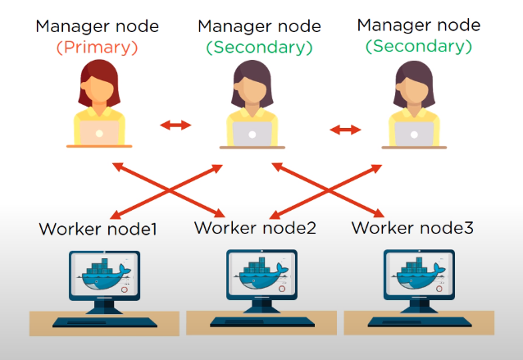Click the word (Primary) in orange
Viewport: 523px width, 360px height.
point(98,47)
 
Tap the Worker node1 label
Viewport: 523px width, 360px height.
point(98,229)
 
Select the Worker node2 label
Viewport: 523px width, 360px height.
point(255,227)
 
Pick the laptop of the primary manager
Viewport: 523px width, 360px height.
point(98,132)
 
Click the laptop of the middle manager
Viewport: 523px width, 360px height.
point(252,133)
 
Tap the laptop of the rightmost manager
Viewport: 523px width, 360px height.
point(413,132)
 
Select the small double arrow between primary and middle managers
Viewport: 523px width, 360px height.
point(175,125)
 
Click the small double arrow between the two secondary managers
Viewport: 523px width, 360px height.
point(344,130)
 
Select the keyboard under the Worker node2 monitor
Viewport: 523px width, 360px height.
point(261,320)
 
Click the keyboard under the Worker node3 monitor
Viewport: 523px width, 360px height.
point(419,320)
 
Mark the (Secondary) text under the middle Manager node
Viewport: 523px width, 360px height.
point(260,47)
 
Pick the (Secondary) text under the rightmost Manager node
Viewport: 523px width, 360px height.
point(419,46)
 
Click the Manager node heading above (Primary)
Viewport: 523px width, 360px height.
point(98,25)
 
